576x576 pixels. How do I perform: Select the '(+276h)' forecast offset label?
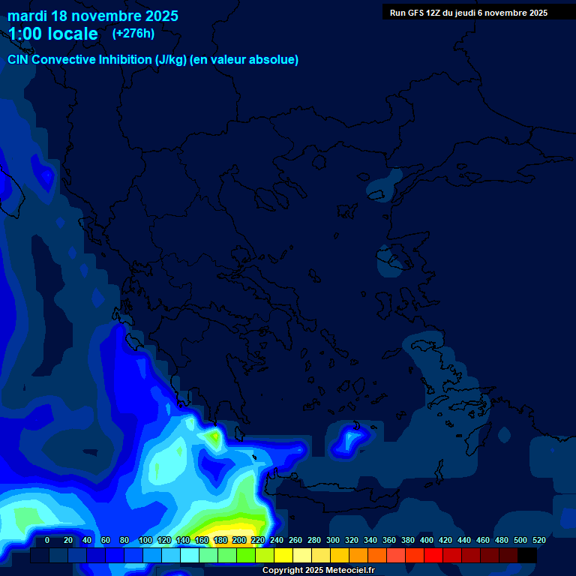(x=133, y=33)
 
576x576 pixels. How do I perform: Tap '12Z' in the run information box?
(x=435, y=13)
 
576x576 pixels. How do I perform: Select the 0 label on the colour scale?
(x=47, y=540)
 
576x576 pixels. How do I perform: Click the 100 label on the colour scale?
(x=145, y=540)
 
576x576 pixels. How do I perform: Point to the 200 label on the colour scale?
(x=239, y=540)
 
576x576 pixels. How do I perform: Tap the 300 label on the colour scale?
(x=333, y=540)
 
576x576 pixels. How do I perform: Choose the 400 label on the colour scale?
(x=427, y=540)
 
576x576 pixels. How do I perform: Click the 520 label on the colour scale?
(x=539, y=540)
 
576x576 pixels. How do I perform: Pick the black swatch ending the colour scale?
(x=526, y=556)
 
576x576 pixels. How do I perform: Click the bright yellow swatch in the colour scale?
(x=283, y=556)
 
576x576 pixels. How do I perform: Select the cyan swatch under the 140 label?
(x=189, y=556)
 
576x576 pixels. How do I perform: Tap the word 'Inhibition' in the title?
(x=125, y=60)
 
